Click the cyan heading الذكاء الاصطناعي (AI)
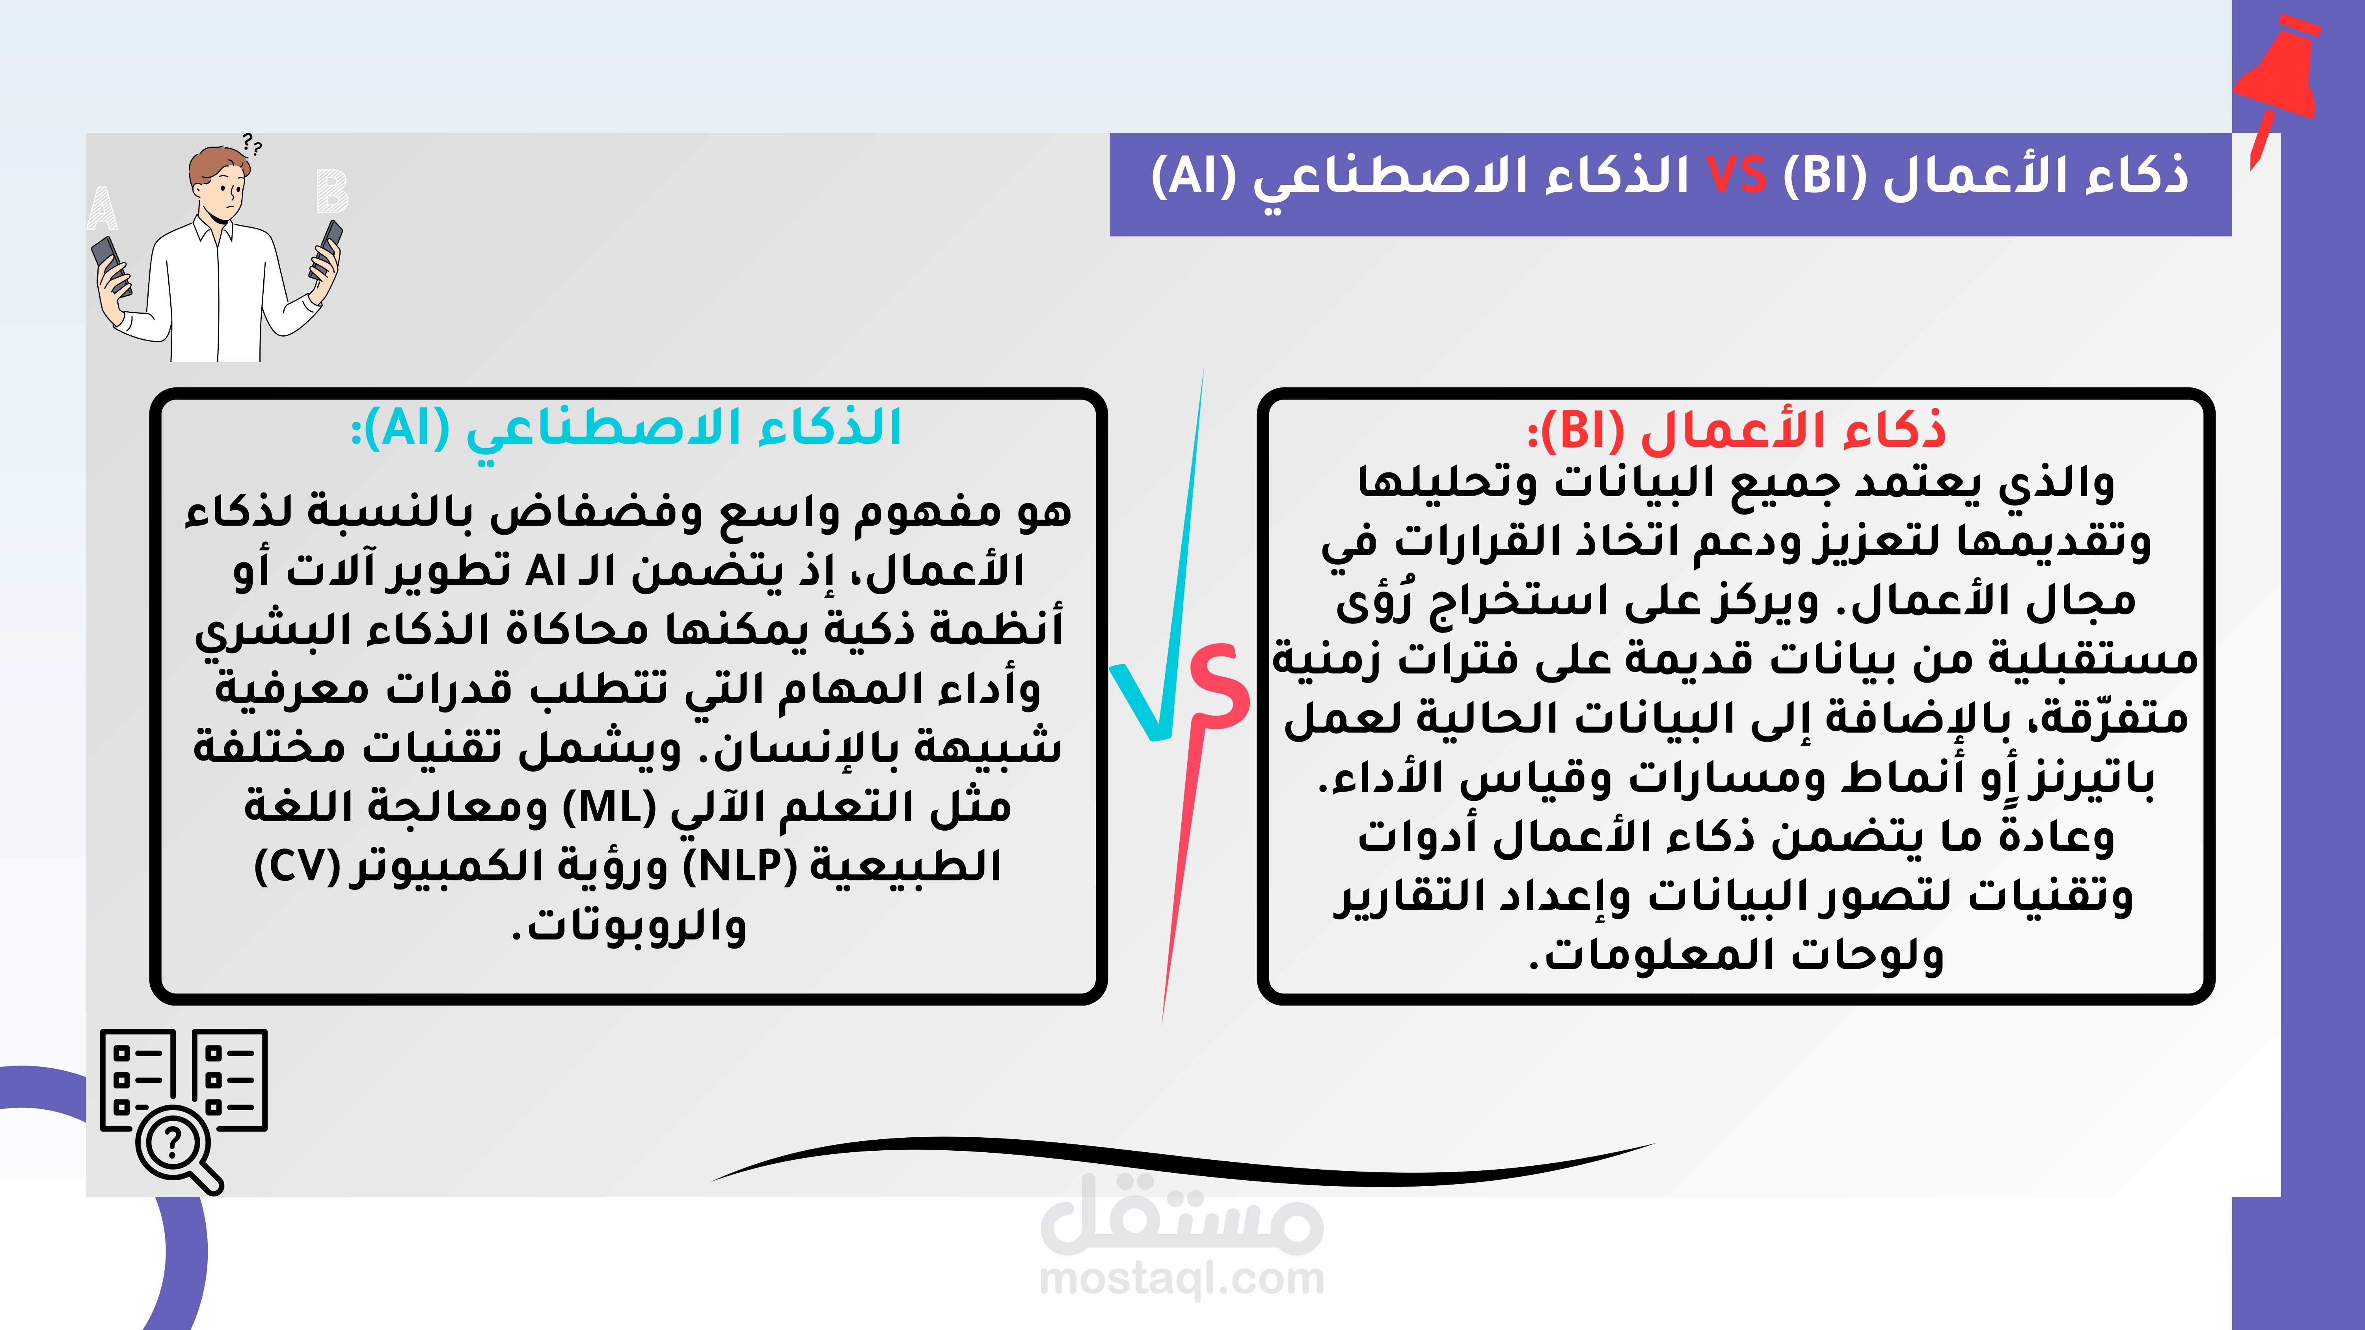point(626,428)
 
